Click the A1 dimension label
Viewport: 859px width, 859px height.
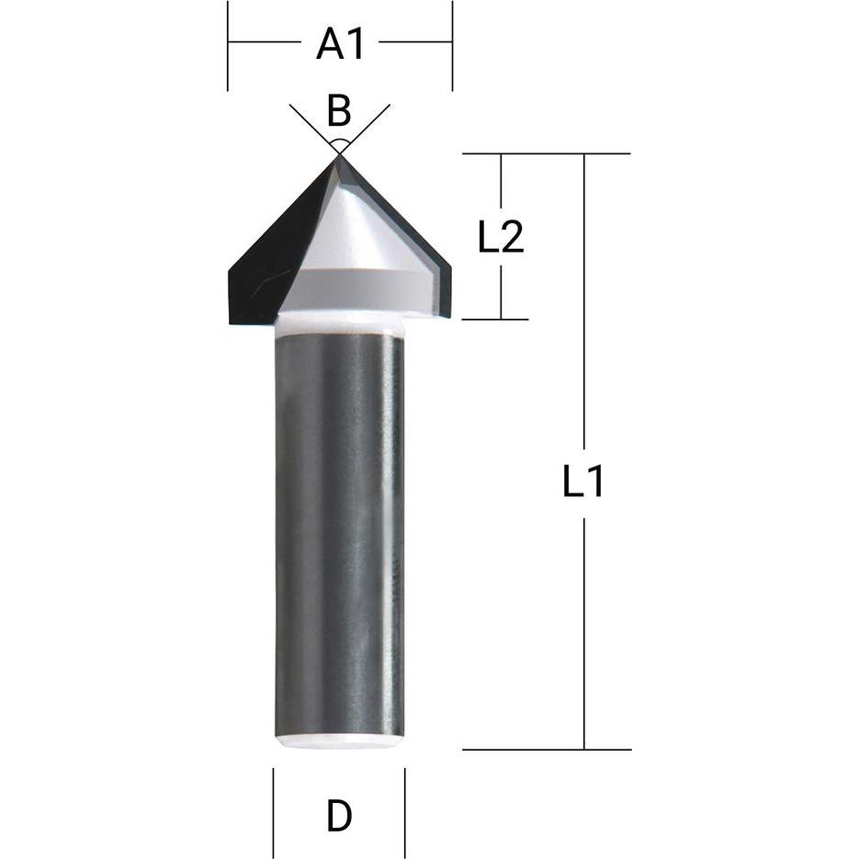(341, 43)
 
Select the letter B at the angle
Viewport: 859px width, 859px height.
(339, 111)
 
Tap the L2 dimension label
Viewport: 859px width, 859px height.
(501, 238)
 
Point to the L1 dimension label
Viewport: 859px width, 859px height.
(583, 481)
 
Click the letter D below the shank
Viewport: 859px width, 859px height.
(339, 816)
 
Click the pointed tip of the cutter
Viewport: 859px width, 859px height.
(339, 157)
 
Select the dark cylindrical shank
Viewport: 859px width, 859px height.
(339, 533)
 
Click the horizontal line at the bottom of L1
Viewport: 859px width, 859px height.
(547, 750)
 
